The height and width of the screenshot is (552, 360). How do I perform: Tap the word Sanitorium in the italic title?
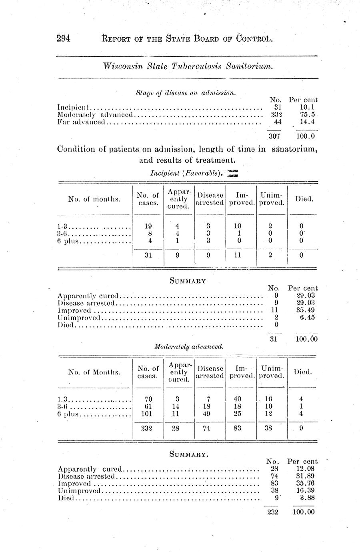249,66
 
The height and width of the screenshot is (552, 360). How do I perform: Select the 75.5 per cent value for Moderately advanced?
307,114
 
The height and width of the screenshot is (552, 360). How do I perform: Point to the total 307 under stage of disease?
274,136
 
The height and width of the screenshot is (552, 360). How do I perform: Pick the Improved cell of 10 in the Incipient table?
237,226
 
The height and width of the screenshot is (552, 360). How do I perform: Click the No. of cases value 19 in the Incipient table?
148,226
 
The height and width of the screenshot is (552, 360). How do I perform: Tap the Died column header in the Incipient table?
303,199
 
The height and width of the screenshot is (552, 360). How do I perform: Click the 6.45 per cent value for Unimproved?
308,317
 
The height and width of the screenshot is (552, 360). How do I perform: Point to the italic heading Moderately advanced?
188,346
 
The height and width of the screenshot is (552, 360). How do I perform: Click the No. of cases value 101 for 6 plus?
148,414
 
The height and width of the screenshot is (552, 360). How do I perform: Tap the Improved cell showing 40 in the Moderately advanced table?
237,399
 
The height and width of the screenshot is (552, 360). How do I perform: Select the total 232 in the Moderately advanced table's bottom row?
148,428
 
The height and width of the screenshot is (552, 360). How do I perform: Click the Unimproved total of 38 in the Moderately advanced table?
269,428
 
